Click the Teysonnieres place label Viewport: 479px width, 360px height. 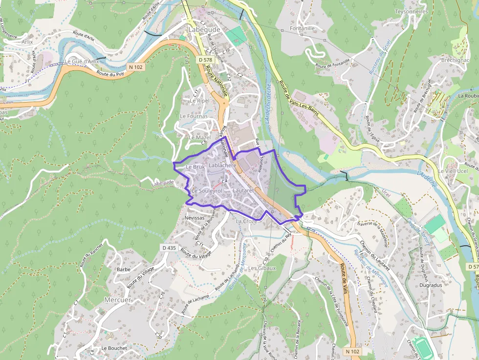pos(411,11)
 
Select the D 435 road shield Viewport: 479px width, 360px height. pos(169,248)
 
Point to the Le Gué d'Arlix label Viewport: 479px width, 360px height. pos(82,62)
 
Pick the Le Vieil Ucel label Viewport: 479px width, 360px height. pos(453,171)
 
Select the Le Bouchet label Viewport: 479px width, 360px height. pos(114,348)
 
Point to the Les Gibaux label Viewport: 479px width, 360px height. pos(262,268)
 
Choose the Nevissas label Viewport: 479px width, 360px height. pos(195,217)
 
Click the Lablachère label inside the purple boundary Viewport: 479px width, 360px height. pos(222,166)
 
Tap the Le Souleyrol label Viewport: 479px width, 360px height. pos(207,190)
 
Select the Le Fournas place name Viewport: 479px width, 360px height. pos(194,116)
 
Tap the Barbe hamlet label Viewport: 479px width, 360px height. pos(123,269)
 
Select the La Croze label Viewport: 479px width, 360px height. pos(246,221)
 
